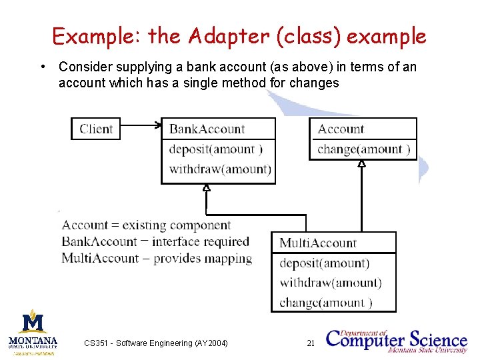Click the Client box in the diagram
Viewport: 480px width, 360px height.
click(96, 129)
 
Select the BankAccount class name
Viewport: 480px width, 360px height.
click(207, 129)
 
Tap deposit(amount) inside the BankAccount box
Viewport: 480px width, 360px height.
click(215, 149)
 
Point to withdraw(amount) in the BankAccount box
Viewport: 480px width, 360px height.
click(220, 169)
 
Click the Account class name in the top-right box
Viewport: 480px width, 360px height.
click(341, 129)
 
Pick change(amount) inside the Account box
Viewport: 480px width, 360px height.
click(363, 149)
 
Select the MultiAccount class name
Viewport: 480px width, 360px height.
click(318, 243)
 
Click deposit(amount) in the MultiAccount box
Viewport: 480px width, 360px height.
click(324, 263)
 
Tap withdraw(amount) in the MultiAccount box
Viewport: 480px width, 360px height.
click(331, 283)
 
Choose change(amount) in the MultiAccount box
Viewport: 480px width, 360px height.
click(325, 303)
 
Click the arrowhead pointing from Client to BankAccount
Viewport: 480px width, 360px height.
click(158, 124)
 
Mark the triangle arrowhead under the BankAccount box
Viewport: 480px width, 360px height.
click(207, 188)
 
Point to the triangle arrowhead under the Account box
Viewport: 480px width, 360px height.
click(361, 163)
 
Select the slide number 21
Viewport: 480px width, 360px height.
click(310, 343)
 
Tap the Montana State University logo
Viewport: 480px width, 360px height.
click(33, 331)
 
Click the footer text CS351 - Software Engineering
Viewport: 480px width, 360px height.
click(155, 343)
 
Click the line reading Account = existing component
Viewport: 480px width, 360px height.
click(146, 225)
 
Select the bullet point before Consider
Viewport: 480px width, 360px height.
click(43, 67)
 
